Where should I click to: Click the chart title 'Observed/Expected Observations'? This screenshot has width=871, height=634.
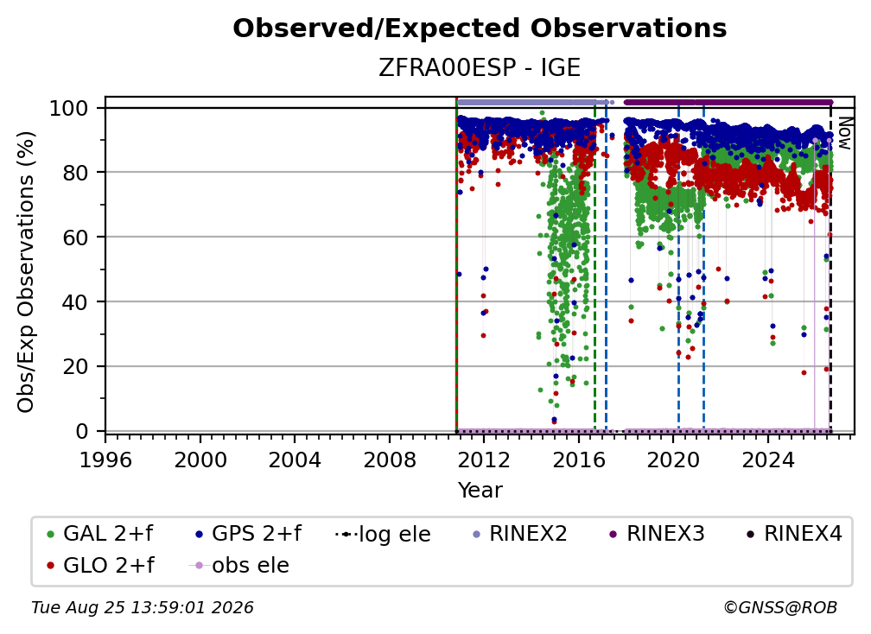[x=480, y=29]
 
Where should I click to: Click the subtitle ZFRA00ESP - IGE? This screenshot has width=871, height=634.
[x=480, y=68]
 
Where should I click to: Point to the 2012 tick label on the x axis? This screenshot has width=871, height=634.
[x=484, y=460]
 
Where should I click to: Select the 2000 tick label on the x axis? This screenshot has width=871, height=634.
[x=200, y=460]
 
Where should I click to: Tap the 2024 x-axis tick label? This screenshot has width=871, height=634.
[x=767, y=460]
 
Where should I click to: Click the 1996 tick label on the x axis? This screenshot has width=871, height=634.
[x=105, y=460]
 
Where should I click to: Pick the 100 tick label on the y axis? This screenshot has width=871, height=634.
[x=69, y=108]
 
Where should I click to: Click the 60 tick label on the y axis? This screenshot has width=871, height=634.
[x=75, y=238]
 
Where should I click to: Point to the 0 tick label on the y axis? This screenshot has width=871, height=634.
[x=82, y=431]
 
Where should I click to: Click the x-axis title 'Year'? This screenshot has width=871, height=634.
[x=480, y=491]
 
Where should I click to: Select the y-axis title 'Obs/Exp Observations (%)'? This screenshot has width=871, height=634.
[x=26, y=271]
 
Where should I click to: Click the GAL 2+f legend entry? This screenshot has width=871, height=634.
[x=100, y=534]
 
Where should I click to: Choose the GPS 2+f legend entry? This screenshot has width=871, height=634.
[x=248, y=534]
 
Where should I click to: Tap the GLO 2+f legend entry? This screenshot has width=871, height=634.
[x=100, y=566]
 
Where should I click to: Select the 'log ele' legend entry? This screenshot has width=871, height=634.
[x=384, y=535]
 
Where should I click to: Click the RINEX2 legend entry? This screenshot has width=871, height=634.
[x=519, y=534]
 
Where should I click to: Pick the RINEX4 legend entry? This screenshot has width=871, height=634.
[x=794, y=534]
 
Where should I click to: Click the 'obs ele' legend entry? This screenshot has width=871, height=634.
[x=239, y=566]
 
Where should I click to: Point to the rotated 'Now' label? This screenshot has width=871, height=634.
[x=844, y=133]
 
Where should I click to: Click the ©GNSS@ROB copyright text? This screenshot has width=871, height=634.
[x=780, y=608]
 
